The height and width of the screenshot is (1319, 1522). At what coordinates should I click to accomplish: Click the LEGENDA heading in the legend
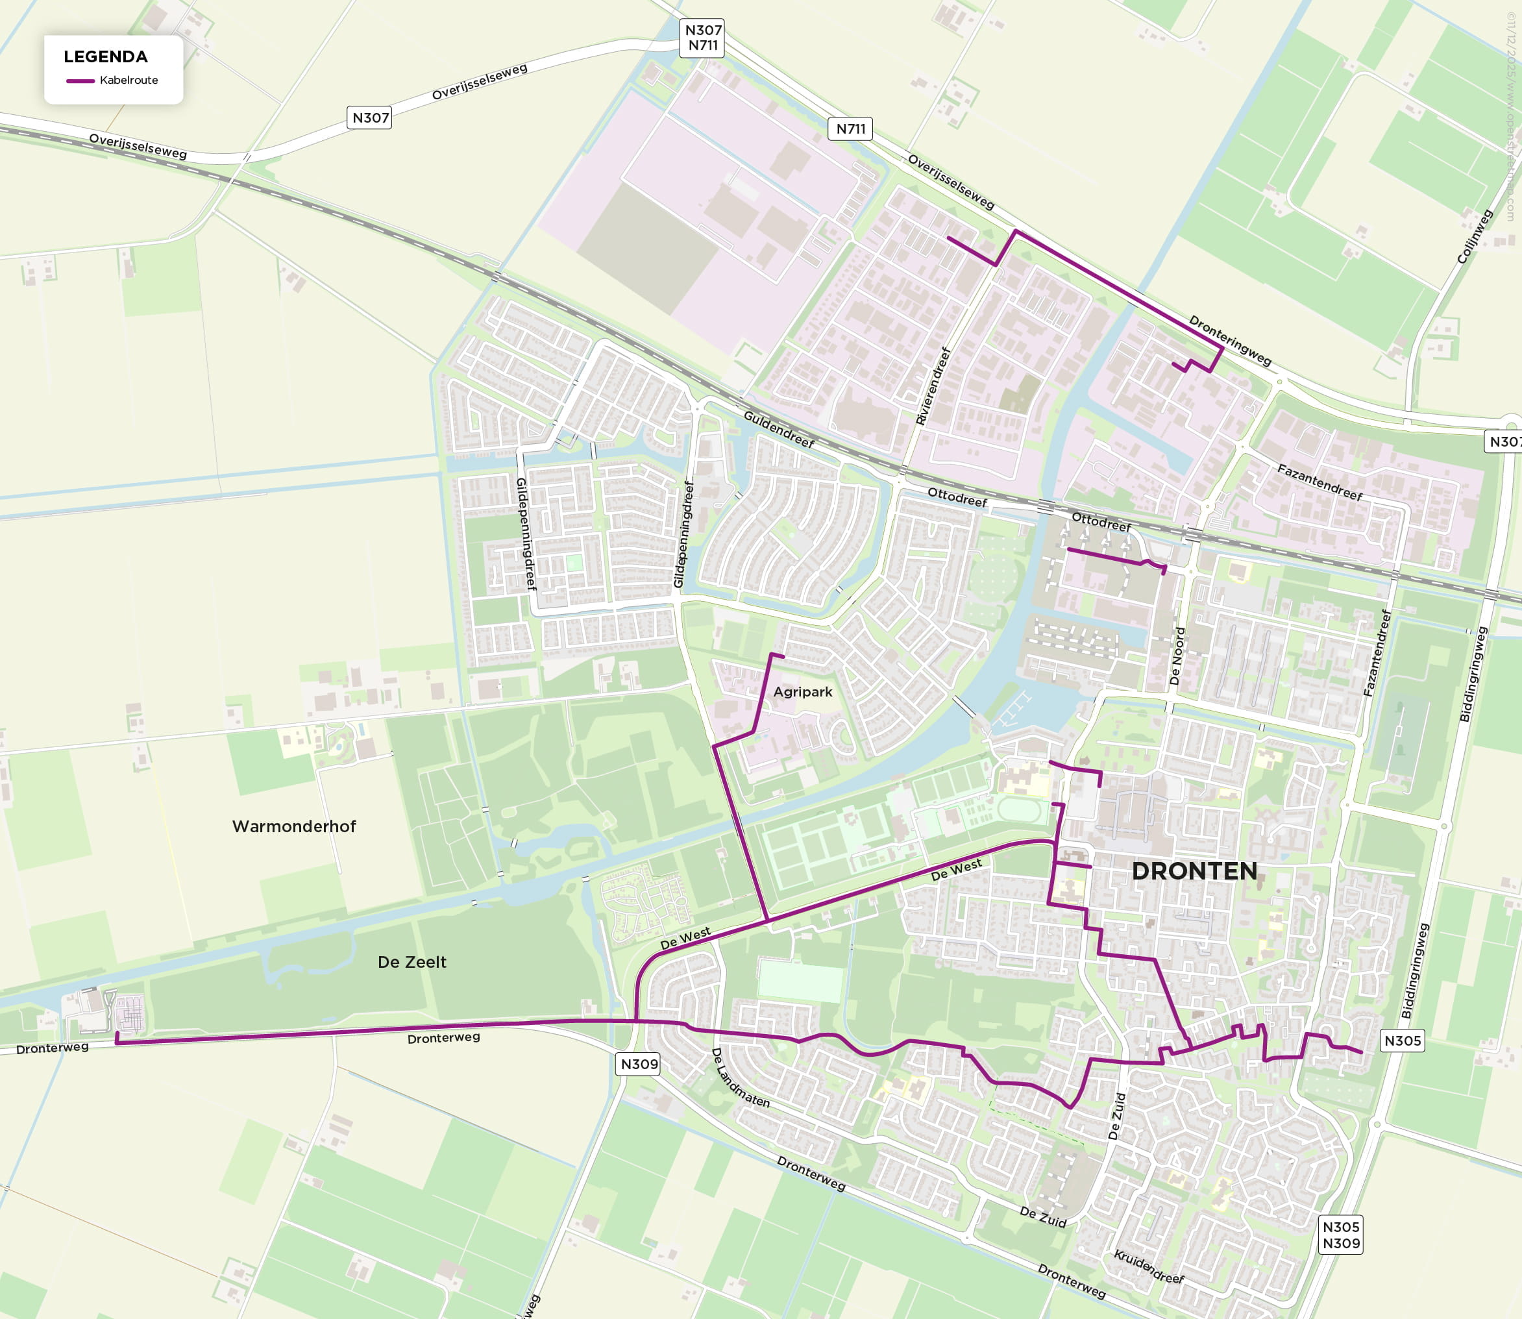pos(105,56)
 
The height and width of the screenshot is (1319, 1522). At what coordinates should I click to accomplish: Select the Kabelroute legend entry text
pos(129,80)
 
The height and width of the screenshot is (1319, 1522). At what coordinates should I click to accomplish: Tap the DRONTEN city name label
pos(1194,872)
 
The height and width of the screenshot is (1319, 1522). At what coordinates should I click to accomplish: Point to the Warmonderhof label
pos(293,826)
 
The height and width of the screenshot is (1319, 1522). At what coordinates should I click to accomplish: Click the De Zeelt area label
pos(411,962)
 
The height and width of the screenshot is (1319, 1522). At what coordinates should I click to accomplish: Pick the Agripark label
pos(802,692)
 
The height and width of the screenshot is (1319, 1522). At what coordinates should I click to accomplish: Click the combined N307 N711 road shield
pos(703,38)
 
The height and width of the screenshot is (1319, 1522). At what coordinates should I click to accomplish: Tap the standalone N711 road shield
pos(851,129)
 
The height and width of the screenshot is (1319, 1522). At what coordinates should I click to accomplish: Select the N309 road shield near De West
pos(639,1064)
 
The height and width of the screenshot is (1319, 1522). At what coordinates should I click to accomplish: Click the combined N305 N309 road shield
pos(1340,1235)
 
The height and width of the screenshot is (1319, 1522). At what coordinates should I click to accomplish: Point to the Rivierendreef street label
pos(933,386)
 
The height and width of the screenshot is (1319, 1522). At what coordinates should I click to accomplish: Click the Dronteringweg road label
pos(1230,341)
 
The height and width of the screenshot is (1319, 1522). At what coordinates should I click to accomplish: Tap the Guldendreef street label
pos(779,429)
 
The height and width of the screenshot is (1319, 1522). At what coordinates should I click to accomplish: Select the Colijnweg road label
pos(1474,237)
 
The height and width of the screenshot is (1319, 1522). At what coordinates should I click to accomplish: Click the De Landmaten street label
pos(740,1078)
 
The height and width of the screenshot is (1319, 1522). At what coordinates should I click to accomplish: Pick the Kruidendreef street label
pos(1148,1266)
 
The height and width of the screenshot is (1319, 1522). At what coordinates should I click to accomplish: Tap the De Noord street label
pos(1177,656)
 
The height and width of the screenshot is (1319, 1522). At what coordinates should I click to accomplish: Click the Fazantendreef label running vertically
pos(1377,653)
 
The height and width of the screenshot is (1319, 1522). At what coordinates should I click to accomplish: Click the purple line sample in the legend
pos(80,81)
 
